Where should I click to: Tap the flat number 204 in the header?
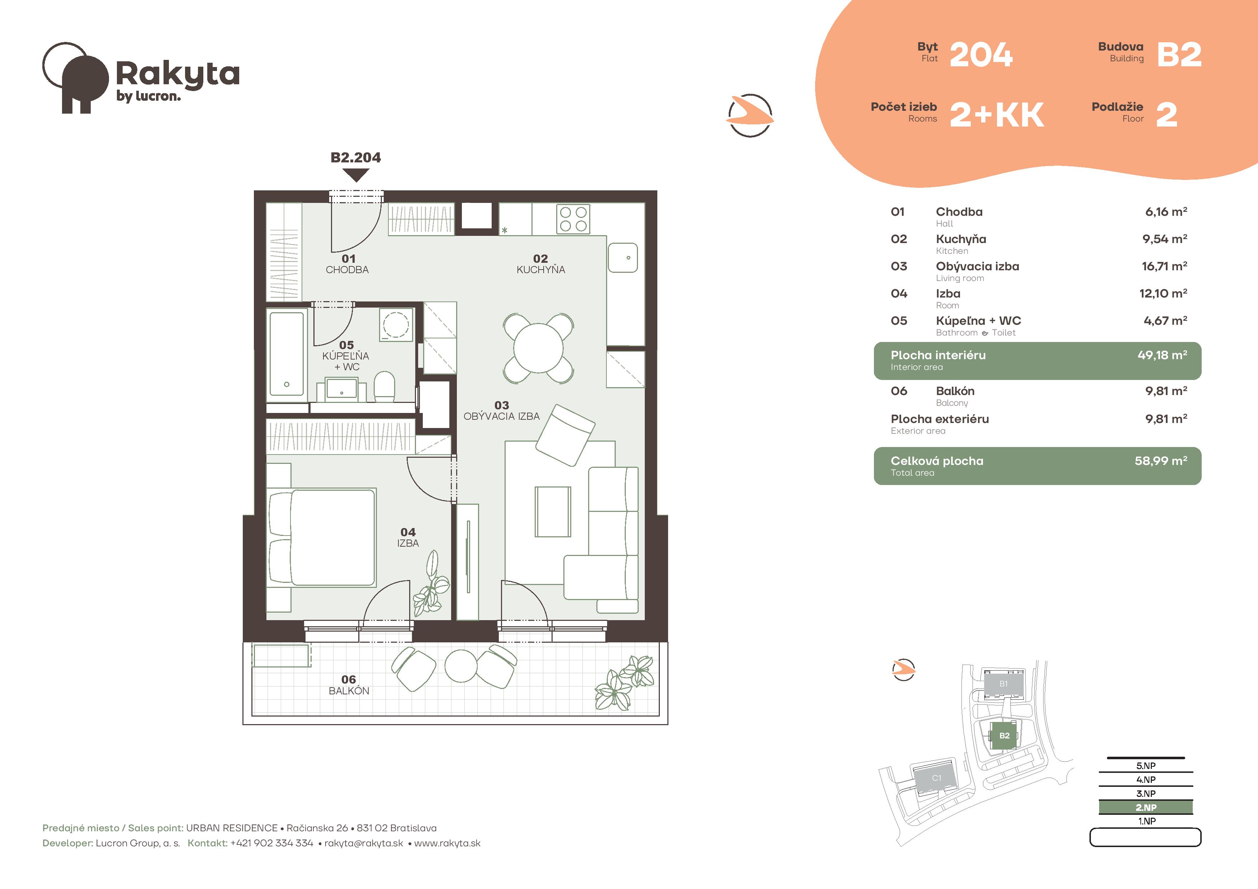tap(981, 55)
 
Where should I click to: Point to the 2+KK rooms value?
tap(997, 115)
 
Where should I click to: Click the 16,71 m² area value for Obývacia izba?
tap(1164, 266)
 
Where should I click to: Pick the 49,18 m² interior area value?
tap(1162, 355)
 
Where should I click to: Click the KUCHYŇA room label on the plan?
tap(541, 270)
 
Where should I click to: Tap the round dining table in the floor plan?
tap(539, 348)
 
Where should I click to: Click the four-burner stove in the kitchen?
tap(573, 219)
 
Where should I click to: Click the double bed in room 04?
tap(321, 538)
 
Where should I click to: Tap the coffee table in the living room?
tap(553, 512)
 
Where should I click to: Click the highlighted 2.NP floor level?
tap(1146, 807)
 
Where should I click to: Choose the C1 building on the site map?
tap(936, 778)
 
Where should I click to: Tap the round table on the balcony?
tap(461, 666)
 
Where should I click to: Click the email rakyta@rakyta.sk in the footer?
tap(364, 843)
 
